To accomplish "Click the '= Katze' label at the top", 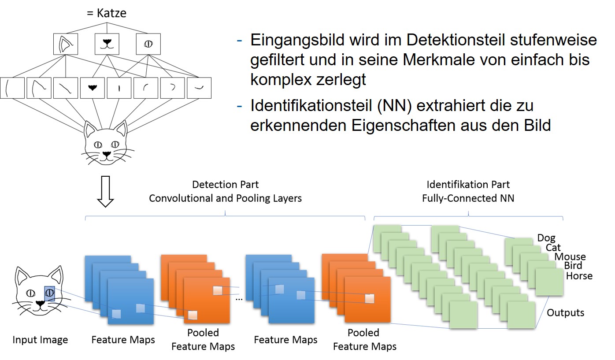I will (x=106, y=13).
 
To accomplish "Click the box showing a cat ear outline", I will (x=65, y=44).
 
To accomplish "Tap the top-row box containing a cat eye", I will (x=148, y=44).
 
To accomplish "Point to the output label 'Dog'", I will (x=546, y=238).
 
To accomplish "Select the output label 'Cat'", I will (x=553, y=248).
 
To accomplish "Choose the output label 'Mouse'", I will (x=570, y=257).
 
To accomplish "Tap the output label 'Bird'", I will (x=573, y=266).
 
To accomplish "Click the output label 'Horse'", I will (x=579, y=276).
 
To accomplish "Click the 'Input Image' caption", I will (x=40, y=340).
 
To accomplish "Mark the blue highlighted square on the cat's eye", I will (x=49, y=293).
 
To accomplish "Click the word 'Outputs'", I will (x=566, y=313).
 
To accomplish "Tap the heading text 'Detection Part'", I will (x=226, y=185).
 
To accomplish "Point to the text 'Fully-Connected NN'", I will (x=468, y=198).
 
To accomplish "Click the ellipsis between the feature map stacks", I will (x=239, y=298).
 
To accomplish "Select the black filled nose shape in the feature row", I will (x=93, y=88).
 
